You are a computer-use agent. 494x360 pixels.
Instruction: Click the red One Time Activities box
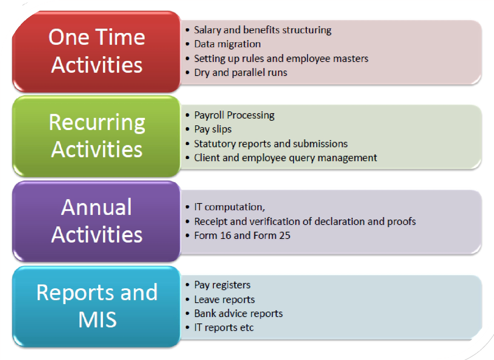(97, 51)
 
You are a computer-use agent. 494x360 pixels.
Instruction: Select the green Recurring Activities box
(97, 136)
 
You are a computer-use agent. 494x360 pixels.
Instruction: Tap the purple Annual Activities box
(97, 221)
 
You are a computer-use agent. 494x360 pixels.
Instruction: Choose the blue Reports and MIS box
(97, 306)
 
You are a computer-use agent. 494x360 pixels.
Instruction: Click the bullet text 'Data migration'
(227, 44)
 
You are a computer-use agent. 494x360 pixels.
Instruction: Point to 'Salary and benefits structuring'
(263, 30)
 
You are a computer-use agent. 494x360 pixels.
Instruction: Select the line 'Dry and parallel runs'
(241, 73)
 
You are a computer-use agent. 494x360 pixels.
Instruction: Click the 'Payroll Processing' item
(234, 115)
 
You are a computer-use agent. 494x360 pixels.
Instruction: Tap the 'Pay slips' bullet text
(213, 129)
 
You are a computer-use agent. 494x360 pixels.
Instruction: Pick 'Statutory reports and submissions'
(271, 144)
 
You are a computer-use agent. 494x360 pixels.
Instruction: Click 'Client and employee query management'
(285, 158)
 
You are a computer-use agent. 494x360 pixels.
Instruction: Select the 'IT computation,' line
(229, 207)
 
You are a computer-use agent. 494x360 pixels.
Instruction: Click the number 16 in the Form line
(226, 235)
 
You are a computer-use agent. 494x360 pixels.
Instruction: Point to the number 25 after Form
(285, 235)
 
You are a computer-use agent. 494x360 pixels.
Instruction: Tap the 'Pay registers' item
(222, 285)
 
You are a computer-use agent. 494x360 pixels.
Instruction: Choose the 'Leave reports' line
(224, 299)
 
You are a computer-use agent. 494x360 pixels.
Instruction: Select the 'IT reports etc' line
(224, 327)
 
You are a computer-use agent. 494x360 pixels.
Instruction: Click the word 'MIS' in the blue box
(97, 320)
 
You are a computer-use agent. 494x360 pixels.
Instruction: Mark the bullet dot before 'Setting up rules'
(188, 59)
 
